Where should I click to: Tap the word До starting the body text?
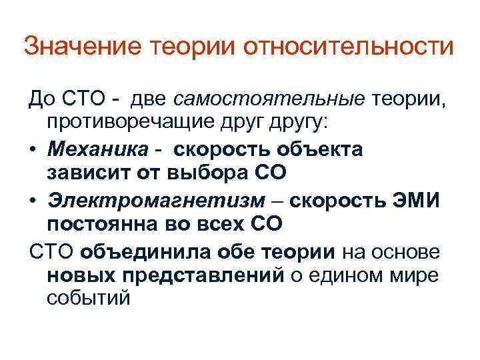click(x=39, y=100)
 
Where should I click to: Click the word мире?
click(x=418, y=275)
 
